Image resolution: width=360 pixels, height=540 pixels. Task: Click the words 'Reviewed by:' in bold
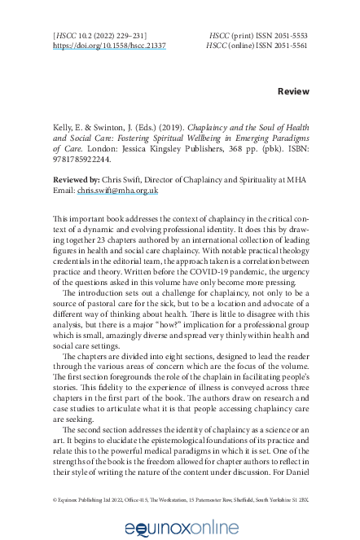pos(77,179)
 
